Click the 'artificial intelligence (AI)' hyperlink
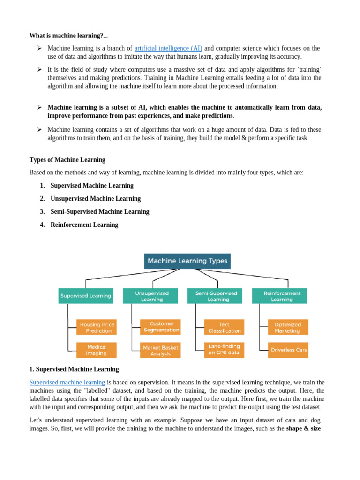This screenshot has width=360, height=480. [168, 48]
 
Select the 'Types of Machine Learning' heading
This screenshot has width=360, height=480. [67, 160]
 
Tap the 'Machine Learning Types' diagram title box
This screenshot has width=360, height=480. [187, 261]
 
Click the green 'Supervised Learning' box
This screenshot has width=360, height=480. [85, 296]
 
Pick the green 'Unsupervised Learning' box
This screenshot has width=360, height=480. [150, 296]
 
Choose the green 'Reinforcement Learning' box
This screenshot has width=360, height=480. [280, 296]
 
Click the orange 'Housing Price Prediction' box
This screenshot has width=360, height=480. [97, 327]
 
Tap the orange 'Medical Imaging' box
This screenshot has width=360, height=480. [97, 350]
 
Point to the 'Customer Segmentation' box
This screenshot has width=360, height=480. [161, 327]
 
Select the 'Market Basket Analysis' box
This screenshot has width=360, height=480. [161, 350]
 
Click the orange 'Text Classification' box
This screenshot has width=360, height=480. [224, 327]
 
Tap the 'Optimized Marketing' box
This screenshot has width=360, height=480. [288, 327]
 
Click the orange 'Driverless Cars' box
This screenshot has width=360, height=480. [288, 350]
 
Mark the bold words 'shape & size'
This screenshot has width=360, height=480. [303, 429]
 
